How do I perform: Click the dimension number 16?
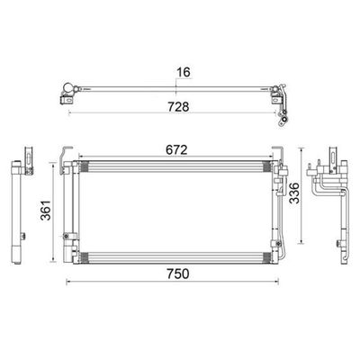[x=184, y=72]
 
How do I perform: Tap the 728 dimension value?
[x=178, y=107]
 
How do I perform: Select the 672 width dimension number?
[x=176, y=150]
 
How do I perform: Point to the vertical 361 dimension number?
[x=46, y=210]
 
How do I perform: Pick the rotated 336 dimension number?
[x=294, y=193]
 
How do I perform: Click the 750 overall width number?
[x=178, y=274]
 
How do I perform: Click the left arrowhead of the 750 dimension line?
[x=67, y=282]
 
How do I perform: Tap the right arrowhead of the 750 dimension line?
[x=277, y=282]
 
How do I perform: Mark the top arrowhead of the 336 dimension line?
[x=302, y=149]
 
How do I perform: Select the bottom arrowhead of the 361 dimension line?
[x=53, y=260]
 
